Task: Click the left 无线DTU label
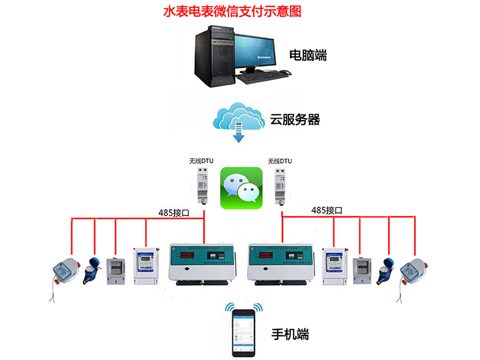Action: pos(201,161)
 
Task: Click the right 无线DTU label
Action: pos(280,161)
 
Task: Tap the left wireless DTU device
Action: pos(202,186)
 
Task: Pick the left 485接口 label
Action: pos(175,211)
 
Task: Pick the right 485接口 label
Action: pos(327,211)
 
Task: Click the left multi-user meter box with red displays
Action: pos(202,263)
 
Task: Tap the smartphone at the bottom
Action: pos(244,332)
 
